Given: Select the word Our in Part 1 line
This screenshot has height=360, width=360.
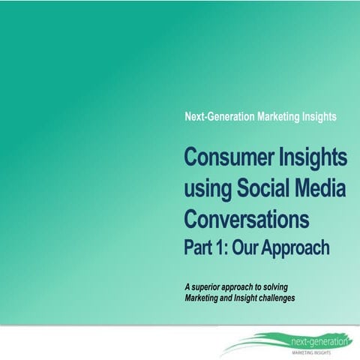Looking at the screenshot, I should point(255,247).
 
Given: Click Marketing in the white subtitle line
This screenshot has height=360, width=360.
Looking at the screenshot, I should point(285,117).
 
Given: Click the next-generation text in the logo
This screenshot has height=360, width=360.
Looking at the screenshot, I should point(319,341).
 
